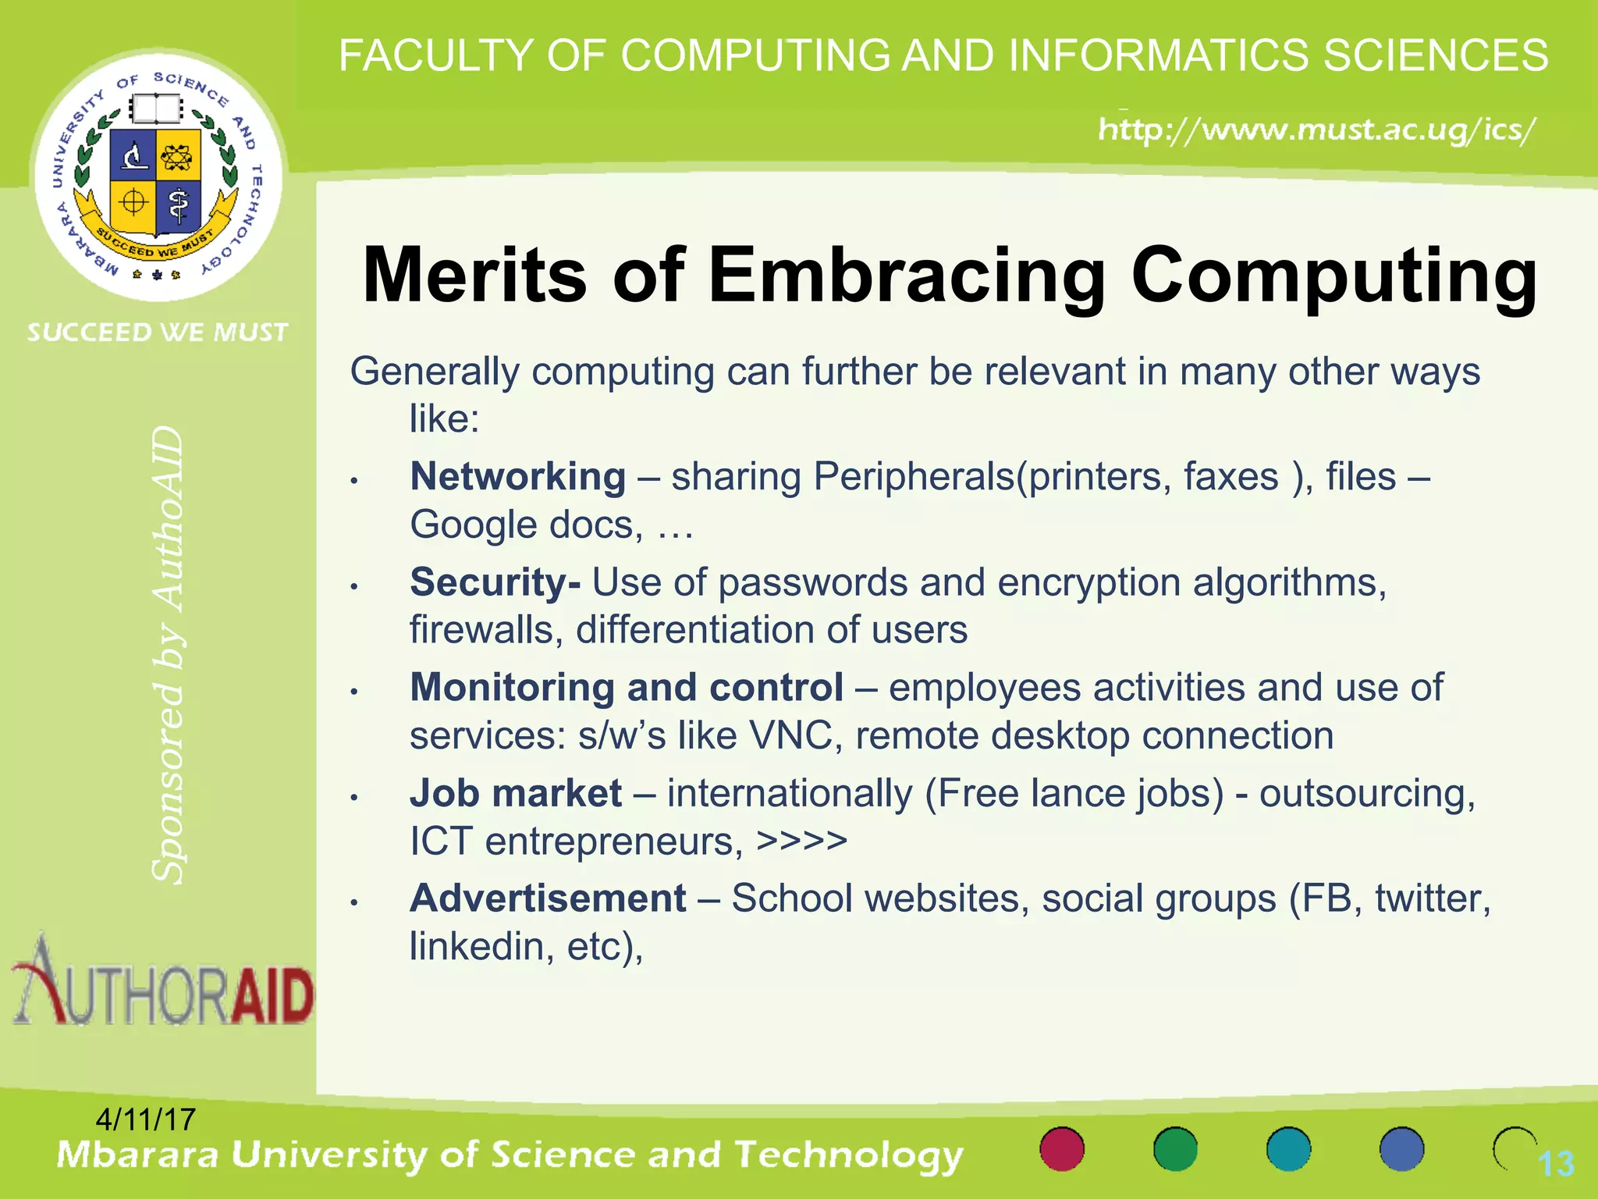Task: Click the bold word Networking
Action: pyautogui.click(x=517, y=476)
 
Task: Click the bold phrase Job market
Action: pyautogui.click(x=516, y=793)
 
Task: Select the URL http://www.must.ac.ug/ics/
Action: pyautogui.click(x=1317, y=130)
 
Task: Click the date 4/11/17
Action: pyautogui.click(x=145, y=1119)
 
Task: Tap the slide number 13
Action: pyautogui.click(x=1555, y=1164)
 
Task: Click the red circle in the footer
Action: pyautogui.click(x=1062, y=1149)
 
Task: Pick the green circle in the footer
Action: pyautogui.click(x=1175, y=1149)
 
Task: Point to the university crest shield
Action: pyautogui.click(x=156, y=180)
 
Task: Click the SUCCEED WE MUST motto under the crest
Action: pyautogui.click(x=158, y=333)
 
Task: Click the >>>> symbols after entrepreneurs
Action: pyautogui.click(x=801, y=841)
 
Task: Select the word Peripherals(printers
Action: pyautogui.click(x=991, y=476)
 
